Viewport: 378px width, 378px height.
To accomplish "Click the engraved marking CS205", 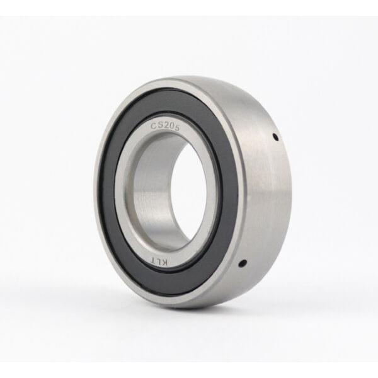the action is (x=165, y=127).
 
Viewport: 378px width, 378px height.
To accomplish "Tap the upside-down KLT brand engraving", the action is (x=160, y=260).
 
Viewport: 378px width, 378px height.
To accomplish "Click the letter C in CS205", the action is (x=154, y=126).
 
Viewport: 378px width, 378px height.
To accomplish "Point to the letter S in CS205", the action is (x=160, y=125).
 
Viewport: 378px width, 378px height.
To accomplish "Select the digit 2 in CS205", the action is (x=166, y=126).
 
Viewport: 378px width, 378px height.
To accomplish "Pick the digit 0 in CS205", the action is (x=171, y=127).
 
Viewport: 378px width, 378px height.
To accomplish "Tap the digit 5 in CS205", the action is (x=177, y=129).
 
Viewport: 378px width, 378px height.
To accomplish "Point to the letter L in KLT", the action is (x=160, y=261).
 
